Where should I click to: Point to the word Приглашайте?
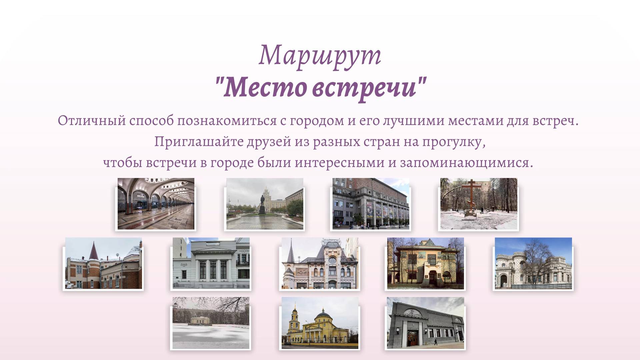[x=199, y=142]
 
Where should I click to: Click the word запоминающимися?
[x=466, y=163]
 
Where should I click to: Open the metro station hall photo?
[x=156, y=204]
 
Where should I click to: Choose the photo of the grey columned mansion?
[x=211, y=263]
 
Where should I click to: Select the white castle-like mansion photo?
[x=533, y=263]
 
